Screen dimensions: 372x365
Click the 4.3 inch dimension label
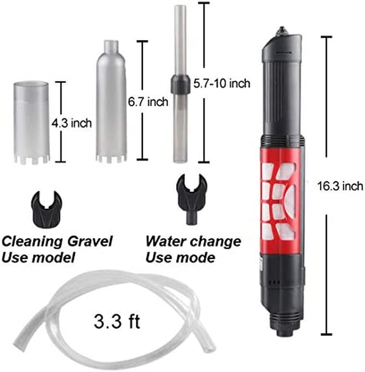(x=72, y=122)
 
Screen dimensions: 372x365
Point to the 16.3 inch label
(x=340, y=186)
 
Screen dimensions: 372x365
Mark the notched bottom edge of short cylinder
(x=31, y=160)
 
